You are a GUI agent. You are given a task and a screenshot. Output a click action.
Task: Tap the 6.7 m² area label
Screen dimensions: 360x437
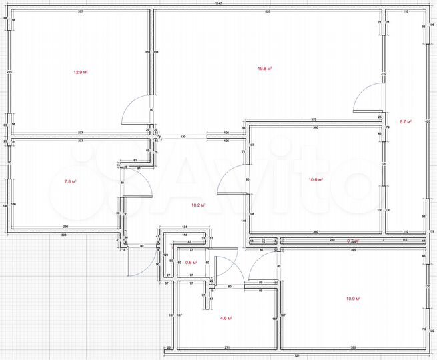pyautogui.click(x=405, y=122)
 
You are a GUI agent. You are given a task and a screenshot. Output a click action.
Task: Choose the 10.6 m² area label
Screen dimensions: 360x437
pyautogui.click(x=316, y=179)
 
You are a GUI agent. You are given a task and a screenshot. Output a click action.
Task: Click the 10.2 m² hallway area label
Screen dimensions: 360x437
pyautogui.click(x=199, y=205)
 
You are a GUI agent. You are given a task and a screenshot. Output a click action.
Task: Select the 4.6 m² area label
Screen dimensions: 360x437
pyautogui.click(x=226, y=319)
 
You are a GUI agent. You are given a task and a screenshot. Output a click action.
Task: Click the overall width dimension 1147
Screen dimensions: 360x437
pyautogui.click(x=218, y=4)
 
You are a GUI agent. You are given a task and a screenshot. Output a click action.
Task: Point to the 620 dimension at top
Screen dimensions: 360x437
pyautogui.click(x=267, y=12)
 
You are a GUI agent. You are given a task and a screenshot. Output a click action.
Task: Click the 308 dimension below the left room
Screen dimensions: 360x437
pyautogui.click(x=64, y=236)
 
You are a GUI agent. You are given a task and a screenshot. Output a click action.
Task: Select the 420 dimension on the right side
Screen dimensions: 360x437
pyautogui.click(x=428, y=122)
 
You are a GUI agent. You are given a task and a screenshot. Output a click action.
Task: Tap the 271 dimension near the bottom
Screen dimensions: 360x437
pyautogui.click(x=228, y=348)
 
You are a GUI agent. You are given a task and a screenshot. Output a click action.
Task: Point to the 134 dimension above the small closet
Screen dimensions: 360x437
pyautogui.click(x=185, y=227)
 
